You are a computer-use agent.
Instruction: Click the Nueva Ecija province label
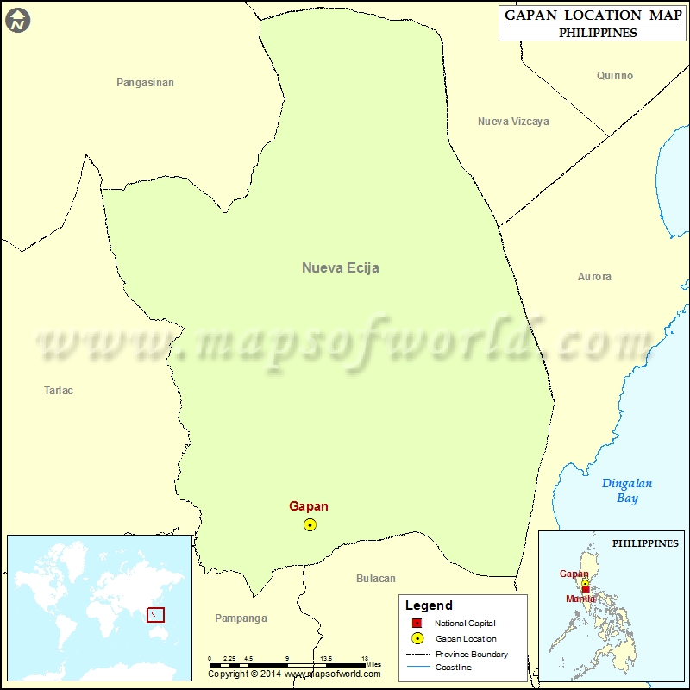[x=340, y=267]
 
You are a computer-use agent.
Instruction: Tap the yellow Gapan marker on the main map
[x=310, y=524]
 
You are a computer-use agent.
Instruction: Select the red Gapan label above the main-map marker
[x=308, y=507]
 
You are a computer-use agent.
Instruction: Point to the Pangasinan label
[x=145, y=83]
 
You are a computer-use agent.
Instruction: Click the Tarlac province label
[x=59, y=391]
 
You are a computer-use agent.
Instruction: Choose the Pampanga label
[x=241, y=618]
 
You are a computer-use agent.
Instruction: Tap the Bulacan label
[x=376, y=579]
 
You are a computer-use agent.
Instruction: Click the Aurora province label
[x=594, y=277]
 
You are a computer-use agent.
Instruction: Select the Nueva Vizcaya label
[x=513, y=122]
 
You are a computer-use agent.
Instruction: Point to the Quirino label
[x=614, y=76]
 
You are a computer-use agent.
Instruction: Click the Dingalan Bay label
[x=627, y=491]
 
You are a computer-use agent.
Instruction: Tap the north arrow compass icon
[x=17, y=21]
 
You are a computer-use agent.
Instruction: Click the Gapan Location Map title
[x=586, y=16]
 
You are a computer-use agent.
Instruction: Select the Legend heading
[x=429, y=605]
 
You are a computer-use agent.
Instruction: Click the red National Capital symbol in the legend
[x=417, y=624]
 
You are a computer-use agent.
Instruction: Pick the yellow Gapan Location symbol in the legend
[x=417, y=639]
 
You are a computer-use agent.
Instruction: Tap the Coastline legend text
[x=454, y=668]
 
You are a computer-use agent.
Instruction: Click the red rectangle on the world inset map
[x=156, y=615]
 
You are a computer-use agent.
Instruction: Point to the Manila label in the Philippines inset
[x=580, y=599]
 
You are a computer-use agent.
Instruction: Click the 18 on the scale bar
[x=365, y=658]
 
